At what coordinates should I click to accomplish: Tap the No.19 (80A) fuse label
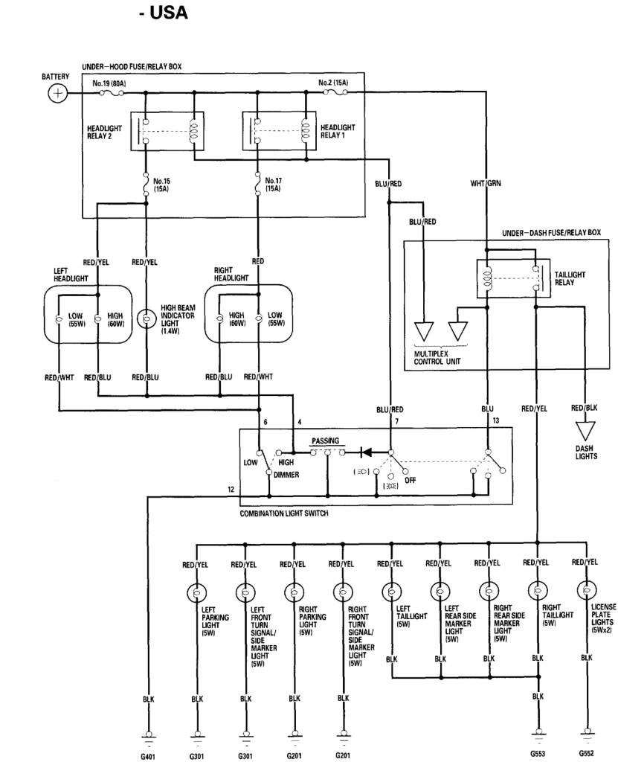(109, 83)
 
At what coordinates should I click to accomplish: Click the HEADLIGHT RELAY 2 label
(104, 132)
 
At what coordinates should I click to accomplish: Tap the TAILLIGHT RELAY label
(570, 278)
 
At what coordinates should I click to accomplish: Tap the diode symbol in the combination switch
(367, 451)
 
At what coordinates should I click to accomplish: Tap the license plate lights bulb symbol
(586, 591)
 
